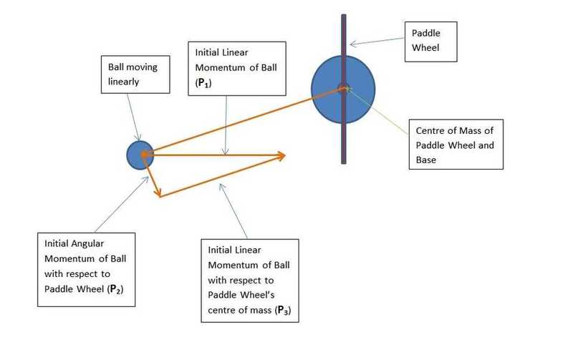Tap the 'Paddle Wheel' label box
point(429,39)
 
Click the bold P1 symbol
point(203,83)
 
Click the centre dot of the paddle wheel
point(344,89)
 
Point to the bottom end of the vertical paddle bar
point(345,162)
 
